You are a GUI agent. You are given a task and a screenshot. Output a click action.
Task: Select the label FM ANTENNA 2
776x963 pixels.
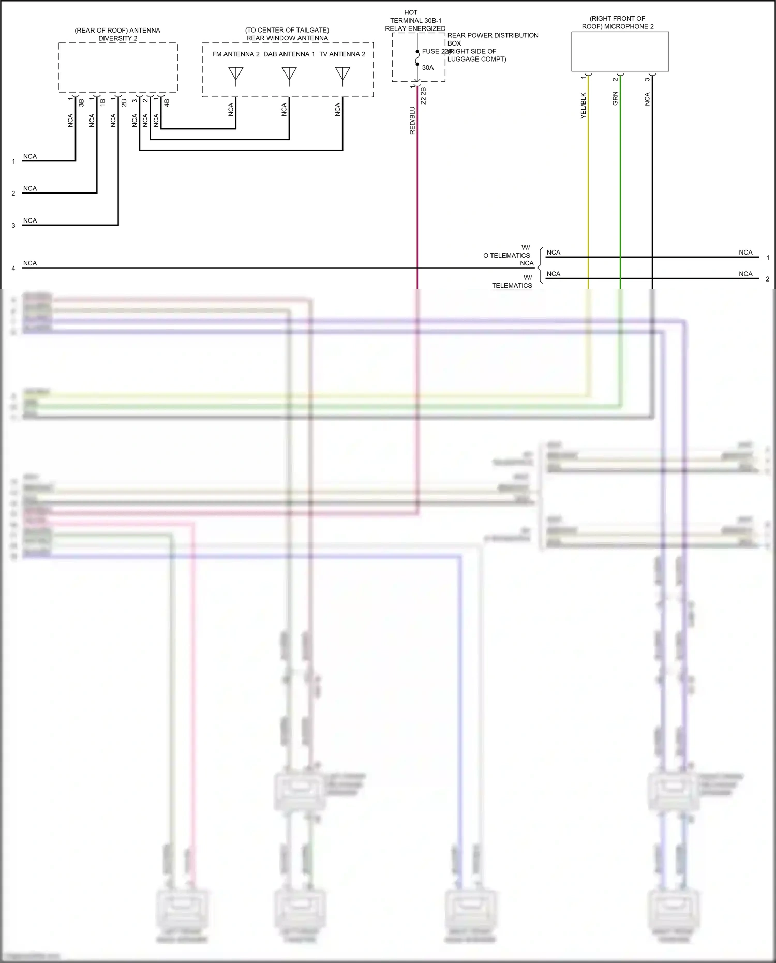(236, 54)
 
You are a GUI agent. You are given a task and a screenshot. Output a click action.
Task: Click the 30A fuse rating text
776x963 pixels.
(428, 68)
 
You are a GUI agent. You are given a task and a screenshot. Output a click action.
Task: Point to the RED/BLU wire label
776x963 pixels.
(412, 121)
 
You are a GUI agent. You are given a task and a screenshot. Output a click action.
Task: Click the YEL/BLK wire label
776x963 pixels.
(584, 106)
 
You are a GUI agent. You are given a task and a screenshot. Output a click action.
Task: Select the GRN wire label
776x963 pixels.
(615, 99)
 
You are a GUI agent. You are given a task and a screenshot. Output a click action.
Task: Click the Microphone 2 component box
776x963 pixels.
(620, 51)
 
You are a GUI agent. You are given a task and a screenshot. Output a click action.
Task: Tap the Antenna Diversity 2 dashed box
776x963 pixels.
(118, 67)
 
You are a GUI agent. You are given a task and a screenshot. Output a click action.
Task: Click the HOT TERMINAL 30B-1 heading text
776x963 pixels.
(415, 20)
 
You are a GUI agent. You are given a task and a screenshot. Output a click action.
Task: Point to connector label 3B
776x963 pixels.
(81, 102)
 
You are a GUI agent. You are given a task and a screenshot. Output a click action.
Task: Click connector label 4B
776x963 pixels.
(167, 102)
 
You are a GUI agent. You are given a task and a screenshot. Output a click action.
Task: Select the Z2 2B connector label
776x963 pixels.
(423, 96)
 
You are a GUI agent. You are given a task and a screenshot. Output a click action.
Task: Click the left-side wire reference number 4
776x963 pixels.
(13, 268)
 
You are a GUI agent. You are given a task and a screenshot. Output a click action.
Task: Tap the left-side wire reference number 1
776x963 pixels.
(13, 161)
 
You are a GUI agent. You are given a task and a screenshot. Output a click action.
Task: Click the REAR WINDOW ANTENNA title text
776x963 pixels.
(287, 38)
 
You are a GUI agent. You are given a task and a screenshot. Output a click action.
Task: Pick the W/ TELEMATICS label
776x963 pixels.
(512, 282)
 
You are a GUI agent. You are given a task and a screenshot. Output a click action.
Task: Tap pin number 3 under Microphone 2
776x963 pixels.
(647, 79)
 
